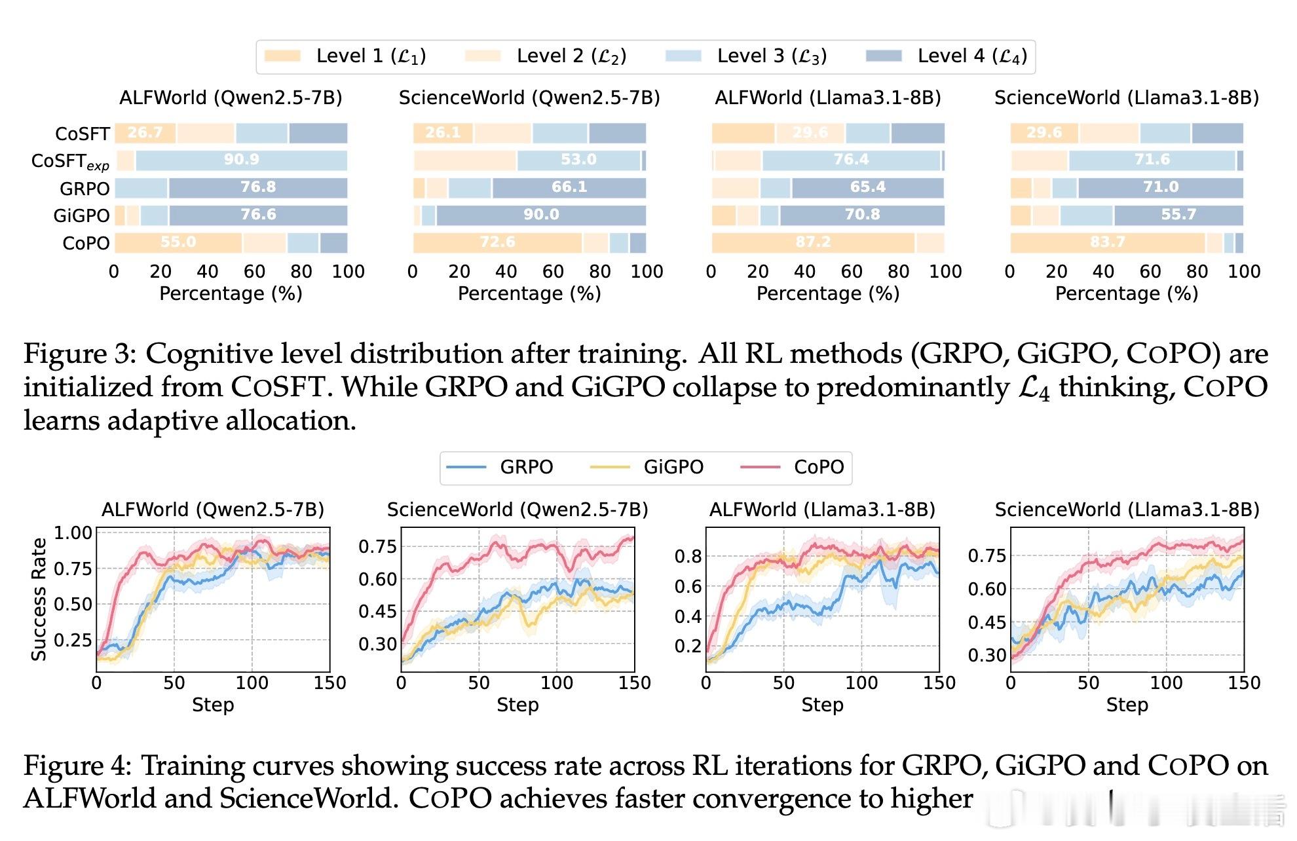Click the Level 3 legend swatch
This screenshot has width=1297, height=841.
(x=683, y=56)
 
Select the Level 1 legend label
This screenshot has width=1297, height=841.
(x=371, y=56)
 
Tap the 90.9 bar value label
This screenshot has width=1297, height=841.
(x=241, y=160)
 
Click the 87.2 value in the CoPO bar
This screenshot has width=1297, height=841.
(x=813, y=242)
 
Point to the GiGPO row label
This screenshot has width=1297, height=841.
(x=81, y=215)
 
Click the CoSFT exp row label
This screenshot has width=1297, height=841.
(x=70, y=161)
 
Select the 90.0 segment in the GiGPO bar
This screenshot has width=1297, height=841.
(x=541, y=215)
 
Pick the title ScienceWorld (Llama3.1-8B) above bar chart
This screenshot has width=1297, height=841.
(x=1126, y=98)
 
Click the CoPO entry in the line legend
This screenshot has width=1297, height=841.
(x=818, y=467)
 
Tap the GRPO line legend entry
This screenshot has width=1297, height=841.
(x=526, y=467)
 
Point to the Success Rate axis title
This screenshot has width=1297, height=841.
(x=39, y=599)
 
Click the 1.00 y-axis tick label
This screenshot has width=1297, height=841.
(x=73, y=533)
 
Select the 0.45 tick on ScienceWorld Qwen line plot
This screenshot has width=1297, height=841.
(x=377, y=611)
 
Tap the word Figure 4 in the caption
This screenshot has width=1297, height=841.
(x=80, y=766)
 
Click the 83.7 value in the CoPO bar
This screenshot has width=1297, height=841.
(x=1107, y=242)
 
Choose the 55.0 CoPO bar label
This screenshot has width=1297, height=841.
(x=178, y=242)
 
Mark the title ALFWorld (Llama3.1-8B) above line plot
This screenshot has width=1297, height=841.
(x=822, y=510)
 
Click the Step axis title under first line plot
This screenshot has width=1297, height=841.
(x=213, y=705)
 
